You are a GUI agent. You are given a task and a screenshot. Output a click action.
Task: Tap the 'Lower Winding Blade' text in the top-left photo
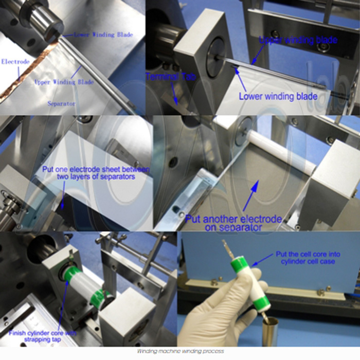103,35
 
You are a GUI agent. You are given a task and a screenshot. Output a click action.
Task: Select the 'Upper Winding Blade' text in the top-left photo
64,82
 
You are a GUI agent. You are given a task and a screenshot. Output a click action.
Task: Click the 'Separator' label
62,103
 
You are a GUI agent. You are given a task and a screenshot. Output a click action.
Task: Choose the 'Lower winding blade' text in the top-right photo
278,96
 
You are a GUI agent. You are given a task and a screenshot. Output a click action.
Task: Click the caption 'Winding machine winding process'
179,352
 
